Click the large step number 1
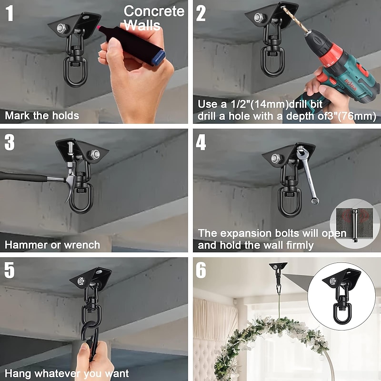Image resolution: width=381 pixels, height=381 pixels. pos(10,13)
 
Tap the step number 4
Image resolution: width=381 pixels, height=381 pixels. pos(201,142)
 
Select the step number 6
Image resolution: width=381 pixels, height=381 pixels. pos(201,270)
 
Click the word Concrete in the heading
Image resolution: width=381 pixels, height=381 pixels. pos(154,11)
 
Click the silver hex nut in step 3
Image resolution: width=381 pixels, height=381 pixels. pos(95,154)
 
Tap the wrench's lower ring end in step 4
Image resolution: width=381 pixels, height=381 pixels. pos(315,200)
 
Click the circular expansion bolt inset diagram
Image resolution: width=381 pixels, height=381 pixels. pos(354,224)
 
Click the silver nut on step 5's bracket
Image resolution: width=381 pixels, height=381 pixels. pos(81,281)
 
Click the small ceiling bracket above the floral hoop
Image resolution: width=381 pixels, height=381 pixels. pos(278,266)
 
